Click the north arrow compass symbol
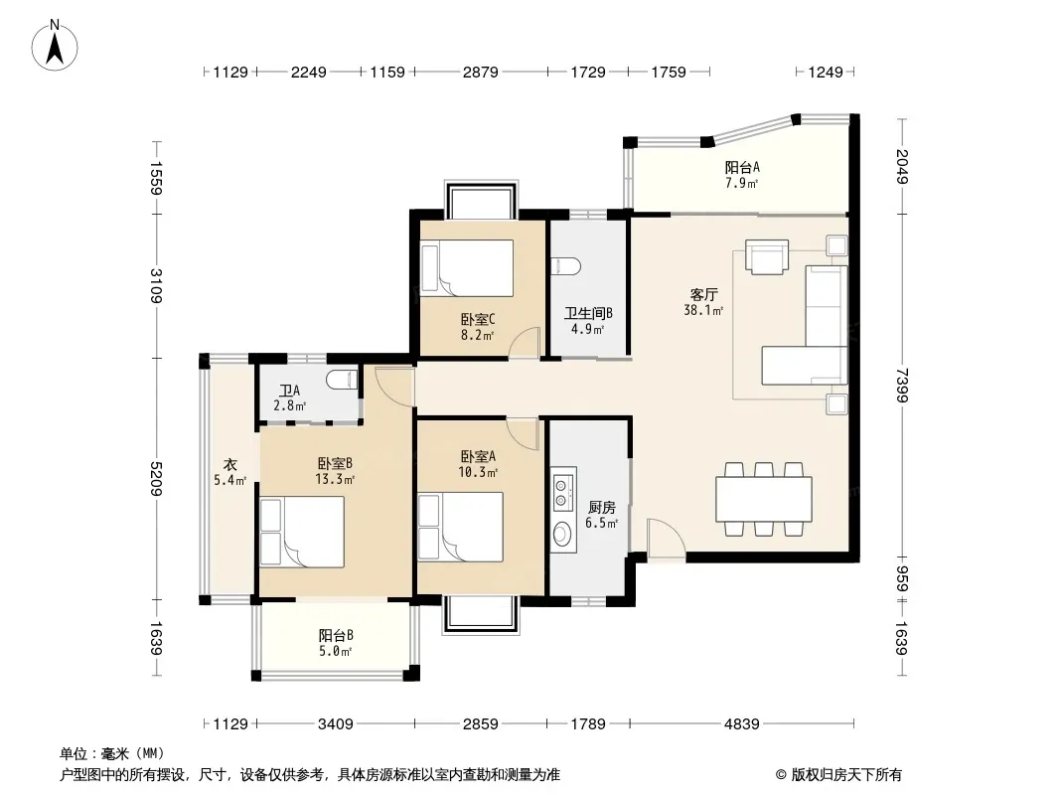pos(55,46)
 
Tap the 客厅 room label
pos(703,294)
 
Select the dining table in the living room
pos(764,499)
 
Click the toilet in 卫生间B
pos(565,266)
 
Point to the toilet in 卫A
pos(342,381)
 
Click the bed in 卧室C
pos(467,268)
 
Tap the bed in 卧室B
pos(302,532)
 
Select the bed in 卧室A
pos(461,527)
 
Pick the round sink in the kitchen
pos(562,535)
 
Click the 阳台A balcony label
pos(741,167)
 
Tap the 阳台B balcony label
pos(336,636)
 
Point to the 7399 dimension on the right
pos(902,385)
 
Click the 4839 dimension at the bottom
pos(741,723)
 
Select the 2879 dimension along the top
pos(480,72)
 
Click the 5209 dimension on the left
pos(157,478)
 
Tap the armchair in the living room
pos(767,256)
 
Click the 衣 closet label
pos(230,465)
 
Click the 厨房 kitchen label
pos(601,507)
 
